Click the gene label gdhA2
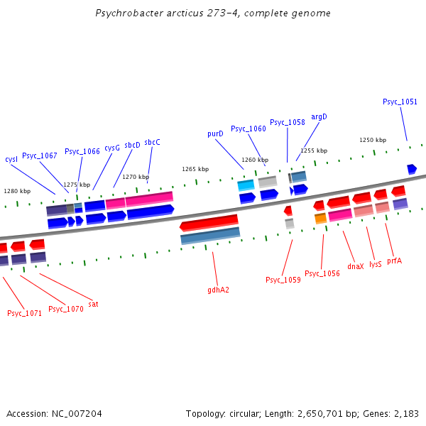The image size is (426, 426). pos(218,290)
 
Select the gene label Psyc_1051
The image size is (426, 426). pos(400,102)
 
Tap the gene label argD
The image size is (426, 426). pos(319,116)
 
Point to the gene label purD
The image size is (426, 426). pos(215,133)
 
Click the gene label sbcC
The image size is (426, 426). pos(152,142)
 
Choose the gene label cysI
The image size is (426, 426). pos(11,159)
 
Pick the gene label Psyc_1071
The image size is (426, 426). pos(25,313)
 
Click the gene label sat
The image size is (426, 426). pos(93,304)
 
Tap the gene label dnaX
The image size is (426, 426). pos(356,266)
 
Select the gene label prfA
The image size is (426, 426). pos(394,261)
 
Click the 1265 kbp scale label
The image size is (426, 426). pos(195,169)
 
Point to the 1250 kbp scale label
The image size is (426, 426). pos(372,140)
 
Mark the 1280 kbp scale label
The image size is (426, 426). pos(17,191)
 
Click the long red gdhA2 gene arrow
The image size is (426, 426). pos(209,223)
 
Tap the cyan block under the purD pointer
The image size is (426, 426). pos(246,185)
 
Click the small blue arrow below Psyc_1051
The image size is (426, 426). pos(412,168)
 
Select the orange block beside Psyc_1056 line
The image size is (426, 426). pos(320,218)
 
